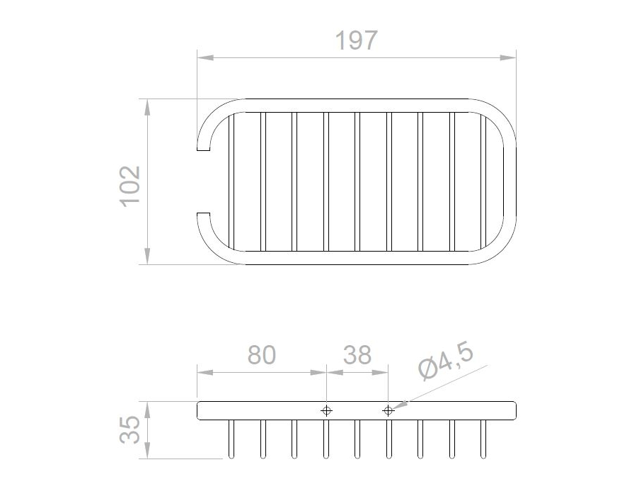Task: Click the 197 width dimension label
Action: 356,40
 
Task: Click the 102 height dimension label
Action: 131,186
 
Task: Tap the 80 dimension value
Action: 262,355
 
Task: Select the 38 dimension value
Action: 357,355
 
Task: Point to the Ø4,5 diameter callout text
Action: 446,361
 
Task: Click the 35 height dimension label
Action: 130,429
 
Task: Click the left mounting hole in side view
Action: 326,410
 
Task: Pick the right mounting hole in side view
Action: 388,410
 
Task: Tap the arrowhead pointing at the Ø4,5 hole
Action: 401,405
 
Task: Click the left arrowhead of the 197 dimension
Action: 205,58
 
